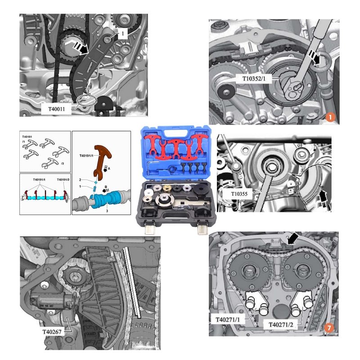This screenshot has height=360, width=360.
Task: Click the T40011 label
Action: (x=57, y=109)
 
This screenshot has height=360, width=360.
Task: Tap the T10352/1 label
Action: (x=254, y=79)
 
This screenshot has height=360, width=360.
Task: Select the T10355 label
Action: (x=239, y=194)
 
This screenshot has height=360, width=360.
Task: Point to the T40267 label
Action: (x=52, y=332)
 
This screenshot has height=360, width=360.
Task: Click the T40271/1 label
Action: (x=228, y=319)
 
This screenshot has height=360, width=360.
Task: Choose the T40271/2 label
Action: (x=281, y=324)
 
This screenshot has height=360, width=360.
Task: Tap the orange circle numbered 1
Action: (x=330, y=117)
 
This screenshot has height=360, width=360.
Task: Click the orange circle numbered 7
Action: (x=329, y=328)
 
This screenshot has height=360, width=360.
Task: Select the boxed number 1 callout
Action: (x=122, y=34)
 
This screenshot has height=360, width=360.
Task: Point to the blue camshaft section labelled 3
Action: (x=106, y=199)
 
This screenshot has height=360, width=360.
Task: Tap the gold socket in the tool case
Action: (x=167, y=189)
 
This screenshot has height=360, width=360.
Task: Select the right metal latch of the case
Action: (x=203, y=228)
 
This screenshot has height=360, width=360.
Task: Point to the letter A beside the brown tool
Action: (x=109, y=168)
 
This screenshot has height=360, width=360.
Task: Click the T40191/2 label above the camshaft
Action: (x=63, y=180)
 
